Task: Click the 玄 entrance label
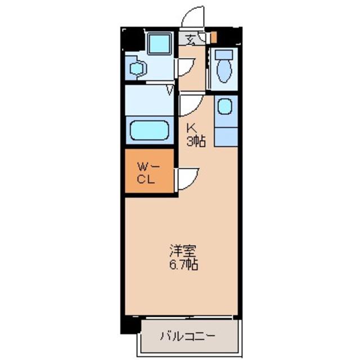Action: (190, 39)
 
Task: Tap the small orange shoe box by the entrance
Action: (214, 37)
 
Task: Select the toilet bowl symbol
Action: (224, 71)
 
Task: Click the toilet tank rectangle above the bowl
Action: (224, 55)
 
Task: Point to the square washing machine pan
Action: (160, 44)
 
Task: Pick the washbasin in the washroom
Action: (138, 68)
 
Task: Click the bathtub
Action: (150, 130)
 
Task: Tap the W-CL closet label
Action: (148, 173)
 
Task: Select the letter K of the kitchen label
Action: (191, 128)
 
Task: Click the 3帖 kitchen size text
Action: (196, 141)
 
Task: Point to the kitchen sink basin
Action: (225, 106)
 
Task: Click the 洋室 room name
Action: (183, 251)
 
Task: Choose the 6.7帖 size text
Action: (183, 264)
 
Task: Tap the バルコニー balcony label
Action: (187, 336)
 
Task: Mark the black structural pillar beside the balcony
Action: (130, 325)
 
